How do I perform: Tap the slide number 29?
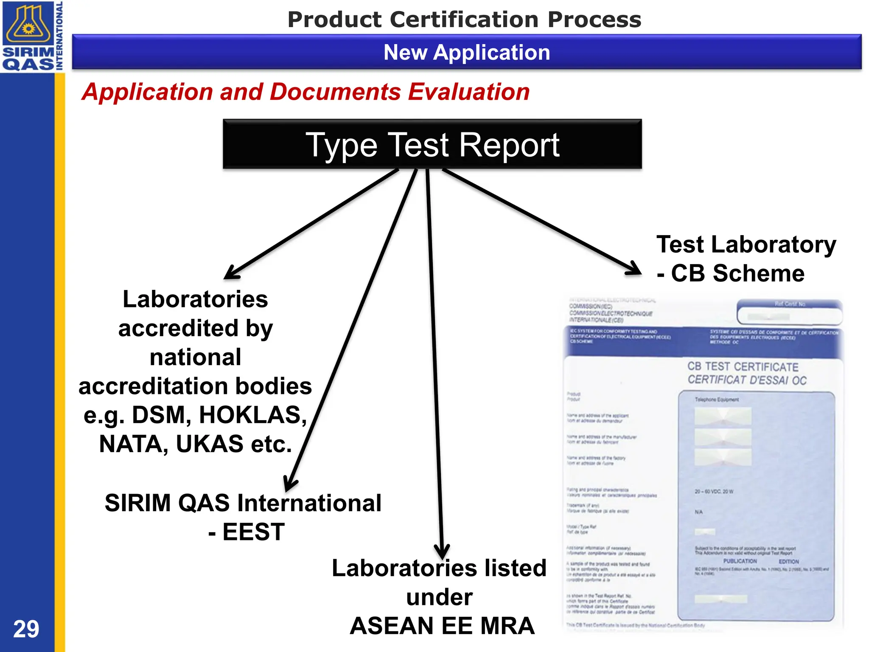click(x=26, y=629)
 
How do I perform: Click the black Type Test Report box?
click(x=432, y=144)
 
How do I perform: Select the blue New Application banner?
click(x=466, y=52)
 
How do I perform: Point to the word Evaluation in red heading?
click(x=468, y=92)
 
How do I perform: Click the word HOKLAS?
click(x=253, y=415)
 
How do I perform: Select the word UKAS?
click(x=210, y=444)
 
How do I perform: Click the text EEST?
click(x=253, y=532)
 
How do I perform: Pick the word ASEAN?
click(x=390, y=626)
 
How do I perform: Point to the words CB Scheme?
click(x=737, y=273)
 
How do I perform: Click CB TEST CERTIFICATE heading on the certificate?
click(x=743, y=367)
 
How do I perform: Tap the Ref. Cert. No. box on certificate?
click(x=789, y=312)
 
